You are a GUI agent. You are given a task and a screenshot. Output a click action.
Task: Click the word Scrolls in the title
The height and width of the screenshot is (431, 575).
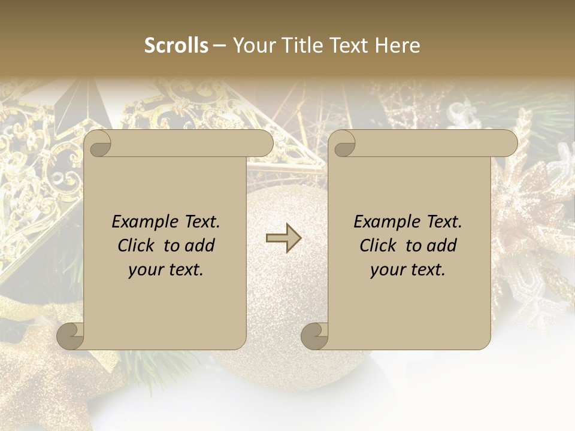pyautogui.click(x=176, y=45)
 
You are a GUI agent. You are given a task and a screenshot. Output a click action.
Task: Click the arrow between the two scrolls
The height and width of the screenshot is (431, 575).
pyautogui.click(x=283, y=238)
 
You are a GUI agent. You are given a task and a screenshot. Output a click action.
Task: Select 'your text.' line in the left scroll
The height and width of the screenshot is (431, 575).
pyautogui.click(x=166, y=269)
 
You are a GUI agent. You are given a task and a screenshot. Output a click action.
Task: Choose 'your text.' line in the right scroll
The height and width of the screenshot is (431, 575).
pyautogui.click(x=408, y=269)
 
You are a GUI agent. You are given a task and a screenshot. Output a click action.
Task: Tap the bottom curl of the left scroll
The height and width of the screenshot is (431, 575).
pyautogui.click(x=70, y=336)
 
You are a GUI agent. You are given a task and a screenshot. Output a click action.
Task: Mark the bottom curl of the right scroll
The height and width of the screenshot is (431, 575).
pyautogui.click(x=314, y=336)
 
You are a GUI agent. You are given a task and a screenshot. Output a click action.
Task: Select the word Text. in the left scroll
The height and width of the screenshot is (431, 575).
pyautogui.click(x=201, y=221)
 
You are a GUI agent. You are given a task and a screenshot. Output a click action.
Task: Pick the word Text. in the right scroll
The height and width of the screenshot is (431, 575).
pyautogui.click(x=443, y=221)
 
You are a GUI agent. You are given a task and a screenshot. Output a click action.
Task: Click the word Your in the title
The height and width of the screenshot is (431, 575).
pyautogui.click(x=252, y=45)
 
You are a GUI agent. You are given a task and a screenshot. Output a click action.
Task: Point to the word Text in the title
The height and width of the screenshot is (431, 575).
pyautogui.click(x=351, y=45)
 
